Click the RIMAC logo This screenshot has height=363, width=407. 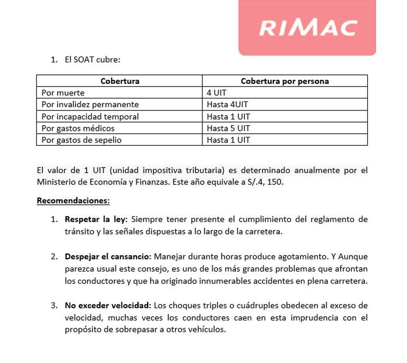(307, 27)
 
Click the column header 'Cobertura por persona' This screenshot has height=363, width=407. (284, 81)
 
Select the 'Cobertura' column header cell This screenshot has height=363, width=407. (120, 81)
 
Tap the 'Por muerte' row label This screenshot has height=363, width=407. (63, 93)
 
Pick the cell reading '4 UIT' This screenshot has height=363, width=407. (216, 93)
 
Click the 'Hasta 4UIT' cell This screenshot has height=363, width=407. (227, 104)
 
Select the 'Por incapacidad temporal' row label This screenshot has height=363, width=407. (90, 116)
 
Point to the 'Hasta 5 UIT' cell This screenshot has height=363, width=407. (228, 128)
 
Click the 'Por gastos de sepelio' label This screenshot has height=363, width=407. (81, 140)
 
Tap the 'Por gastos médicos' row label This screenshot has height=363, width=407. (78, 128)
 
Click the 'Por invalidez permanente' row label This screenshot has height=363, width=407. (90, 104)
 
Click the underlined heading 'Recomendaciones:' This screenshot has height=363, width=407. (74, 201)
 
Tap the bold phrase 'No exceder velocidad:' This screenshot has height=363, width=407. (108, 306)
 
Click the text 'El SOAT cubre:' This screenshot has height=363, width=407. (92, 60)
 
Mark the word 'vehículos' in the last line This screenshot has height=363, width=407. (206, 330)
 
